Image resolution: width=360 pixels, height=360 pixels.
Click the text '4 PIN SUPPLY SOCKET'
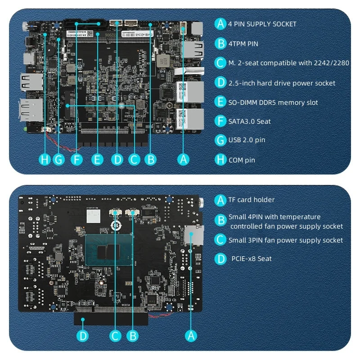pos(262,24)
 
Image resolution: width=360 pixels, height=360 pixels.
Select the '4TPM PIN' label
pos(243,44)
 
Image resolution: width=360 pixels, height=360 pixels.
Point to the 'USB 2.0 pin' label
pos(247,140)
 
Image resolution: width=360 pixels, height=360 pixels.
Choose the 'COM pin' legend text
pos(242,160)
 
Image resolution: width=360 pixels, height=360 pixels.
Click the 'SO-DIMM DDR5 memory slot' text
pos(273,103)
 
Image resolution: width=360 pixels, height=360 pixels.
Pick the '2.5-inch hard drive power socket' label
pos(282,83)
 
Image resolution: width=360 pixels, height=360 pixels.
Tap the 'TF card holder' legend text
pos(251,200)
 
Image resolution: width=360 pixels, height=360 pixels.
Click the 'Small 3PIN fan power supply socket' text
pos(286,240)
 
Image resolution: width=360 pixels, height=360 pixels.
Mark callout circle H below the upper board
pos(45,158)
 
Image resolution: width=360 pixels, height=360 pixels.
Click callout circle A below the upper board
pos(182,158)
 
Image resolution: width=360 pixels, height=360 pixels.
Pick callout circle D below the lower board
pos(83,335)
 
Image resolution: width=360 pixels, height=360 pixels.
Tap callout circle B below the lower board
pos(133,335)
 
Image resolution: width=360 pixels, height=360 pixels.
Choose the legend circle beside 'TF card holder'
pos(220,200)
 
